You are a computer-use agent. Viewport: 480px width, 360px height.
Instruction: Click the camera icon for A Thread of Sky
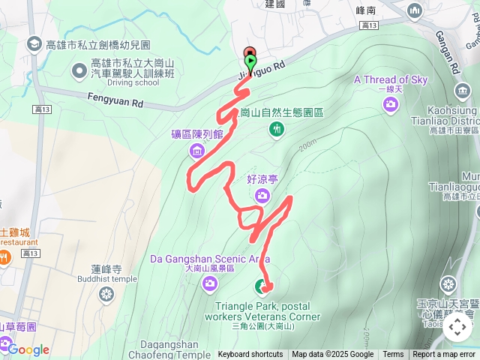click(x=390, y=104)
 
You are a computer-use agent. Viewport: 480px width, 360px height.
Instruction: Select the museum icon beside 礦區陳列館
click(x=197, y=151)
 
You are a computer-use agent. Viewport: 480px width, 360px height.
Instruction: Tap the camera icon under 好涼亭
click(x=262, y=196)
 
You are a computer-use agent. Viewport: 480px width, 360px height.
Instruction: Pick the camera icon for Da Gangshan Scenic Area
click(x=210, y=283)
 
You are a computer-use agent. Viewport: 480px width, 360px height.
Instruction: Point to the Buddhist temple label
click(x=106, y=279)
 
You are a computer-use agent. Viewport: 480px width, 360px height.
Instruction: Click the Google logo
click(x=28, y=349)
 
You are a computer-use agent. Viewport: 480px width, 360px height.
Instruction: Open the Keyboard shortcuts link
click(x=250, y=355)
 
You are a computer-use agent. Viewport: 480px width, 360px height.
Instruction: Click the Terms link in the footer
click(x=393, y=355)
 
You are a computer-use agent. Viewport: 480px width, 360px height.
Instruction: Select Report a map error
click(x=445, y=355)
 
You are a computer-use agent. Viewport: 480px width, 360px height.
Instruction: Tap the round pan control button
click(x=457, y=327)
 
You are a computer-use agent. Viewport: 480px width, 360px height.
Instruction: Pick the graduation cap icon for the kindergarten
click(x=34, y=45)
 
